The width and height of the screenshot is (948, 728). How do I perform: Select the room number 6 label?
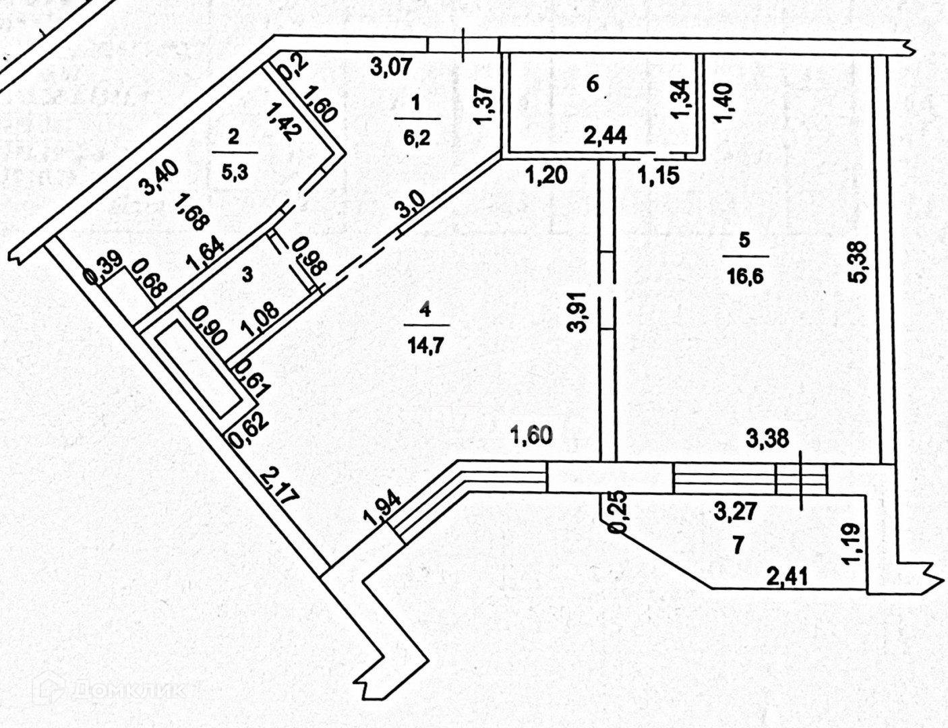(592, 85)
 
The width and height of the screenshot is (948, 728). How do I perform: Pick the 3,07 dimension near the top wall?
(391, 67)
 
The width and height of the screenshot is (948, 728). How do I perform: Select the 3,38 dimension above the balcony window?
(767, 439)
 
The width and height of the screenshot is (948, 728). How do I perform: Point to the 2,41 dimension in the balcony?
(788, 576)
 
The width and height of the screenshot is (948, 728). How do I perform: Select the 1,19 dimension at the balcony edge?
(851, 545)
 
